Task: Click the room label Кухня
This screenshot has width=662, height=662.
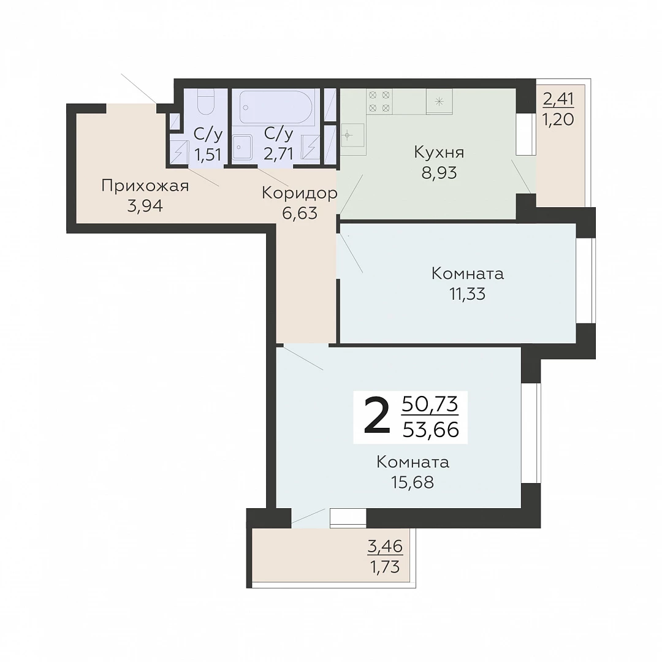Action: tap(439, 153)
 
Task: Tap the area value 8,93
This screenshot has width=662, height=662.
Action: tap(439, 173)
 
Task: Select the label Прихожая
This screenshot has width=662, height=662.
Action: tap(145, 186)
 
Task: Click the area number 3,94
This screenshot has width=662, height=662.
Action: tap(145, 206)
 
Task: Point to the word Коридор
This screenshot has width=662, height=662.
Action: tap(299, 193)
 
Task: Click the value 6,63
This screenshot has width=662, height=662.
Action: tap(299, 213)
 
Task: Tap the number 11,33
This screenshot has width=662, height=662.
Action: tap(467, 294)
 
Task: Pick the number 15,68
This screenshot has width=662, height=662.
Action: tap(413, 482)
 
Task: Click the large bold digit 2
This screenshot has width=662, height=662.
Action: tap(376, 417)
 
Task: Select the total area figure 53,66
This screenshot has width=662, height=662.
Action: tap(431, 430)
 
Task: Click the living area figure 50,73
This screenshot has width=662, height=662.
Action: tap(430, 404)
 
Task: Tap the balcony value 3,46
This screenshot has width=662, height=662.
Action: tap(385, 547)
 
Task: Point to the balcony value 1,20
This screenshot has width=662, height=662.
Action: tap(558, 120)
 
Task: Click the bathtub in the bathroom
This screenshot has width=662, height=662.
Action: tap(276, 107)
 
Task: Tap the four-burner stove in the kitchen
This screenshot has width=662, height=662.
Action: tap(379, 101)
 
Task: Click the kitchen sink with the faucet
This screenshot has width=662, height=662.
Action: tap(352, 135)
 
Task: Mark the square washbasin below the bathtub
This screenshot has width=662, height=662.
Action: tap(242, 147)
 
